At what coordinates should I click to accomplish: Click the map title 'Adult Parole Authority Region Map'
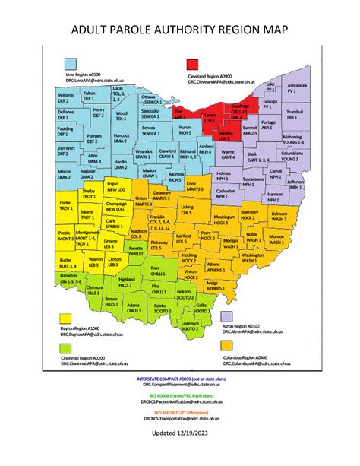click(180, 30)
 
